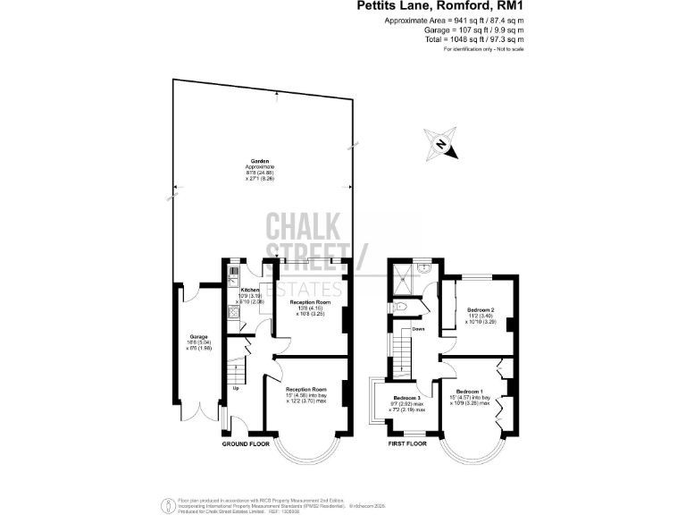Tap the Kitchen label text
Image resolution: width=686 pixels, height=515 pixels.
coord(250,290)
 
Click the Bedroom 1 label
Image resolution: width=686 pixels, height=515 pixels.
coord(470,392)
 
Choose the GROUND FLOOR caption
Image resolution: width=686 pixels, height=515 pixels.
coord(247,443)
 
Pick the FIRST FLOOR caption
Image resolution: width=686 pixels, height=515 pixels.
coord(406,443)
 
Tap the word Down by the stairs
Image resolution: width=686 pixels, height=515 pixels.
coord(418,329)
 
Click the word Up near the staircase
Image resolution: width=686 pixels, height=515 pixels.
coord(236,388)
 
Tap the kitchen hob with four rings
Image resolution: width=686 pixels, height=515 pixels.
coord(232,316)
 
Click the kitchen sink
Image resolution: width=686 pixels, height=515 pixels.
coord(232,273)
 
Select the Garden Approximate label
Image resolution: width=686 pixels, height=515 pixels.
coord(260,167)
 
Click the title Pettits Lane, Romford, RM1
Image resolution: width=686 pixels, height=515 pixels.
coord(453,6)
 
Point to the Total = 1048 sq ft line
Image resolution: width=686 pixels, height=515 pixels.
coord(453,39)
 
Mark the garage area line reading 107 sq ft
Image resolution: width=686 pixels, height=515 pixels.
coord(453,30)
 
